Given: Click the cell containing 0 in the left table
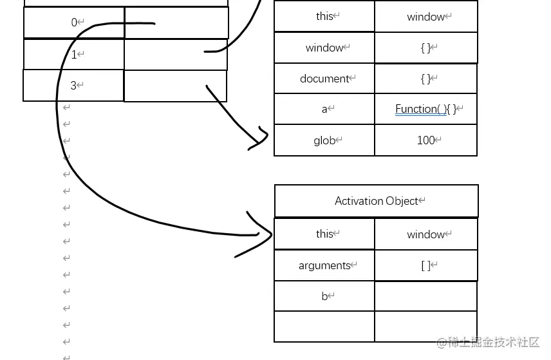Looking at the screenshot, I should pos(74,23).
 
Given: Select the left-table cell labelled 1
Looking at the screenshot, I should pos(74,55).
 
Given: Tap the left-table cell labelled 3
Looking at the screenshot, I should pos(73,85).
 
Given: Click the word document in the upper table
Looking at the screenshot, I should pos(324,79).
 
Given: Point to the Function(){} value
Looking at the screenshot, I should pos(425,109).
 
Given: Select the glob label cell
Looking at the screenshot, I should pos(324,140).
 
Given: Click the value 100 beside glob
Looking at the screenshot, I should pos(425,140).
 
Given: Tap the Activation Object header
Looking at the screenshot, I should pos(377,201).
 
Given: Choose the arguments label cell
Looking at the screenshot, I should pos(324,265).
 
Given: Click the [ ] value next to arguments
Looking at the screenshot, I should pos(425,265).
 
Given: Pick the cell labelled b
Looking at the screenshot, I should pos(324,296).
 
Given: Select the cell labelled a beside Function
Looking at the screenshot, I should pos(324,109).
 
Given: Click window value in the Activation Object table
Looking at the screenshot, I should pos(425,234).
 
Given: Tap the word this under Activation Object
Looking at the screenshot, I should pos(324,234).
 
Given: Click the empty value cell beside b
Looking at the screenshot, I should pos(425,296).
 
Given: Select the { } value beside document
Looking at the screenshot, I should pos(425,79).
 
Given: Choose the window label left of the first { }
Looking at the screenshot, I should pos(324,48).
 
